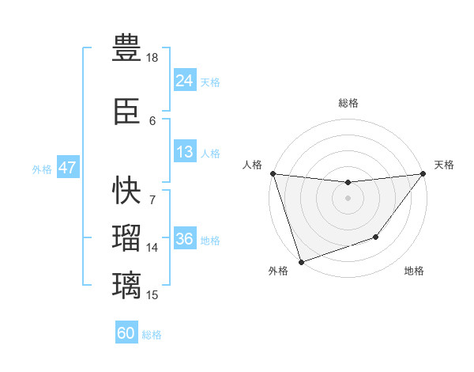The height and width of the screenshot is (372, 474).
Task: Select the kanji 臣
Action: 126,112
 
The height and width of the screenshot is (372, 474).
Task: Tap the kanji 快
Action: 126,190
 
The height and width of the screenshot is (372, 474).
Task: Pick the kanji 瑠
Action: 126,237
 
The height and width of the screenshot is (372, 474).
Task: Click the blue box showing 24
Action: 184,81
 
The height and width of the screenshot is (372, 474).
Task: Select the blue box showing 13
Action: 184,153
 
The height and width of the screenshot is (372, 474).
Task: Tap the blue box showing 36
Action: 184,240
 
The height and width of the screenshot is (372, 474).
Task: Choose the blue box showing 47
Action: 67,169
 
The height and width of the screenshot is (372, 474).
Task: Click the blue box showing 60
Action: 126,333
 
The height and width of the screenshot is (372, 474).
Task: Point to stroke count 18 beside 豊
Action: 152,58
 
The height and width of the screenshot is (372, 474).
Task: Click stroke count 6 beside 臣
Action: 152,120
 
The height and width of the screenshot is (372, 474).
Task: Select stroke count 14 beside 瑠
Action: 152,247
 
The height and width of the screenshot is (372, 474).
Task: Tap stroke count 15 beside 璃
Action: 152,295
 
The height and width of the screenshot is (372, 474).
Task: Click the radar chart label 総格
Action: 348,103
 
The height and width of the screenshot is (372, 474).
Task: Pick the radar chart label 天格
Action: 445,165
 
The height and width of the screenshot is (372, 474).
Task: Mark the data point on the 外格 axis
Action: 301,261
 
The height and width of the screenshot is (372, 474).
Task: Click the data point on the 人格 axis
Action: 273,173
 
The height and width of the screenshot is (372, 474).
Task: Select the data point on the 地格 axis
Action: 376,237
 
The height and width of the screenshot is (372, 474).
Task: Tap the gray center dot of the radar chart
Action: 348,198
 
